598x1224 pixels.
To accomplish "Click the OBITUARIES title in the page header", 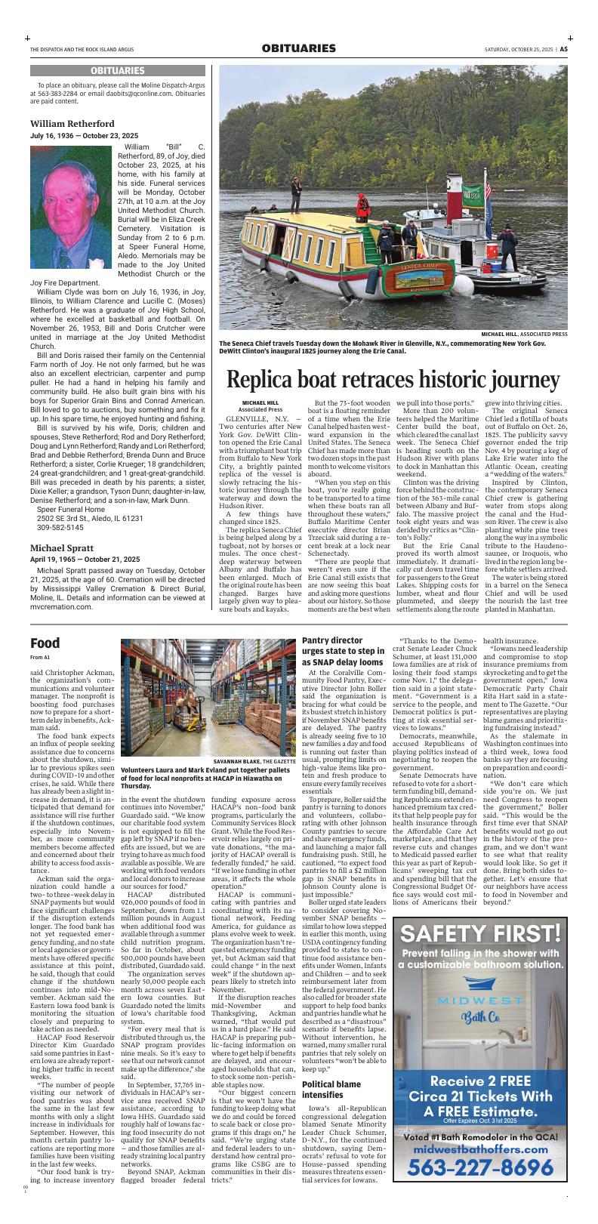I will pyautogui.click(x=298, y=49).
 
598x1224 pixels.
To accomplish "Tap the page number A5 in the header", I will pyautogui.click(x=563, y=49).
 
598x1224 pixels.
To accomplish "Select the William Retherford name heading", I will pyautogui.click(x=74, y=122).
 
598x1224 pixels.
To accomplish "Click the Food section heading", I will pyautogui.click(x=45, y=643).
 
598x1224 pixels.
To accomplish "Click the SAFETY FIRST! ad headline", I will pyautogui.click(x=480, y=934).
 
